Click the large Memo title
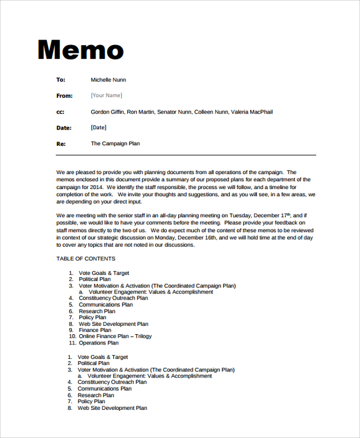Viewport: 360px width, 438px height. pyautogui.click(x=80, y=50)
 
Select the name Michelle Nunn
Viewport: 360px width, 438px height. pyautogui.click(x=108, y=80)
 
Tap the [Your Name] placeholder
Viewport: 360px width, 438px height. pyautogui.click(x=106, y=95)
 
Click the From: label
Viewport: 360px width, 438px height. pyautogui.click(x=64, y=96)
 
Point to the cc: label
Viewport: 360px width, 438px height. pyautogui.click(x=60, y=112)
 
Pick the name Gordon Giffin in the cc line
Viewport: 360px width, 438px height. pyautogui.click(x=107, y=112)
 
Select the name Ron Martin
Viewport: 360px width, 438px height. pyautogui.click(x=141, y=112)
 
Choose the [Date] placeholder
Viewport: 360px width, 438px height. pyautogui.click(x=98, y=128)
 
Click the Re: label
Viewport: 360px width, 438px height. pyautogui.click(x=61, y=144)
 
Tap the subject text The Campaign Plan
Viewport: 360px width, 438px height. pyautogui.click(x=115, y=144)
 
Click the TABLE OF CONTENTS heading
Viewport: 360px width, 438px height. pyautogui.click(x=86, y=259)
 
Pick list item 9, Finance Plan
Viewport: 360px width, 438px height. pyautogui.click(x=95, y=330)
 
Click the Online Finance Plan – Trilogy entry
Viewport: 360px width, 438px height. pyautogui.click(x=115, y=337)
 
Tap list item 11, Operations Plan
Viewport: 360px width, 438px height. pyautogui.click(x=98, y=343)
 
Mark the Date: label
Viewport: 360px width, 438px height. pyautogui.click(x=64, y=128)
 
